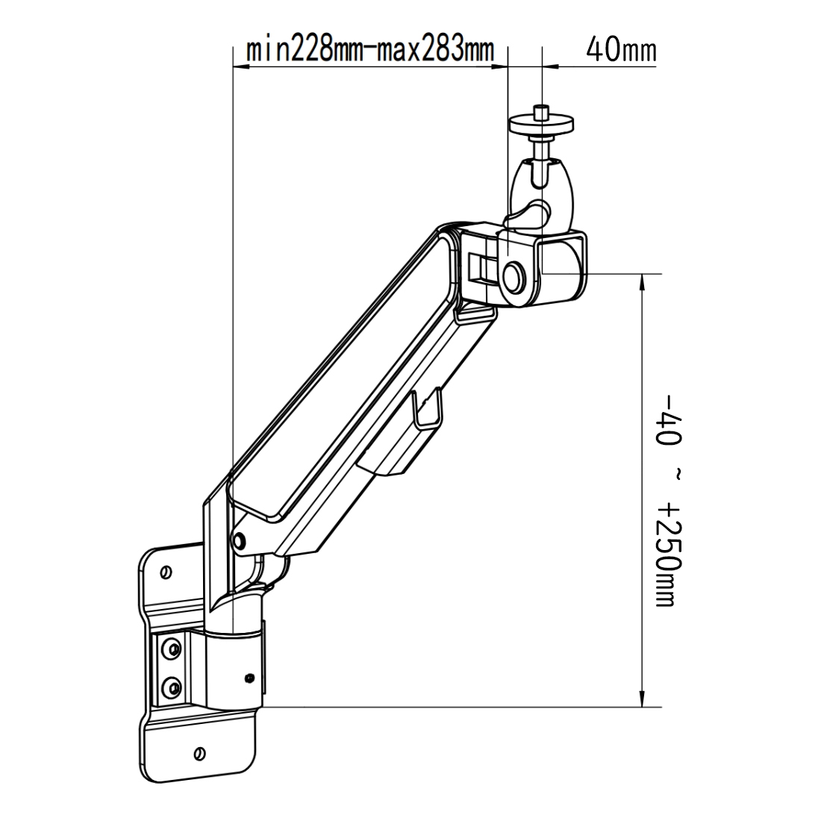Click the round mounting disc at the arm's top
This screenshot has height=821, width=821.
(x=542, y=125)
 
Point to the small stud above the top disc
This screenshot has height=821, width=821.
(x=542, y=111)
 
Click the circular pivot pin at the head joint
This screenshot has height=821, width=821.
(x=513, y=274)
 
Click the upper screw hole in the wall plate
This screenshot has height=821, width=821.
(x=166, y=572)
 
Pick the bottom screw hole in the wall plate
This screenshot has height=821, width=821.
(x=199, y=753)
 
